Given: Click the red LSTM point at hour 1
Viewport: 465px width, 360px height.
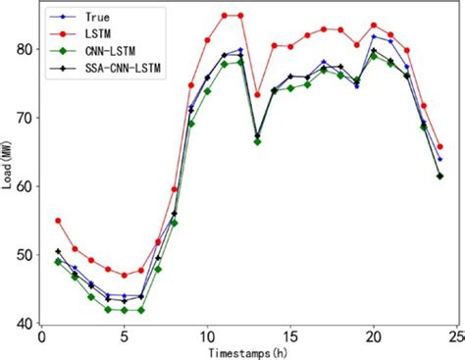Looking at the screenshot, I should point(58,221).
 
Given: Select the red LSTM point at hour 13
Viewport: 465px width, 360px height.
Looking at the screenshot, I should point(257,95).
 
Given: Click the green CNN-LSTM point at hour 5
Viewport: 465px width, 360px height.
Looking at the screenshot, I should point(125,310).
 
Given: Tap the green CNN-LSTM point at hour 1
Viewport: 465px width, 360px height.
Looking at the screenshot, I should point(58,262).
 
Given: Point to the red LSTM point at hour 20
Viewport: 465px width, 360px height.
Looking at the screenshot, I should point(373,26).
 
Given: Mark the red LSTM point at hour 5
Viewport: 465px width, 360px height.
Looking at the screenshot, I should point(125,276).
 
